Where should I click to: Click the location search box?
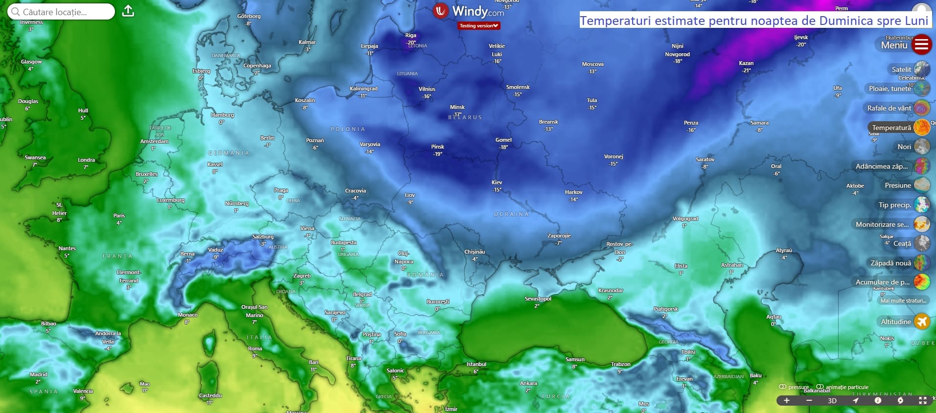(x=61, y=12)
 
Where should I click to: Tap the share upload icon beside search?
(x=128, y=11)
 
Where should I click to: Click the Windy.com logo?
(x=468, y=11)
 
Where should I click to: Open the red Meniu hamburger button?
(x=921, y=45)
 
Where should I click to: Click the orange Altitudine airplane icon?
(x=922, y=322)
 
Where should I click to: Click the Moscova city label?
(x=593, y=65)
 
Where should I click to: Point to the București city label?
(x=438, y=302)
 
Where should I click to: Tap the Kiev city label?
(x=497, y=183)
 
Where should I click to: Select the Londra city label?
(x=86, y=160)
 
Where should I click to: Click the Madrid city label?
(x=38, y=375)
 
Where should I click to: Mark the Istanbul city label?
(x=476, y=365)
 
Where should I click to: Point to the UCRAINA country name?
(x=511, y=215)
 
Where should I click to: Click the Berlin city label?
(x=267, y=138)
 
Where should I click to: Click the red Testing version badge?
(x=479, y=26)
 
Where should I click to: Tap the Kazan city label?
(x=746, y=64)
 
